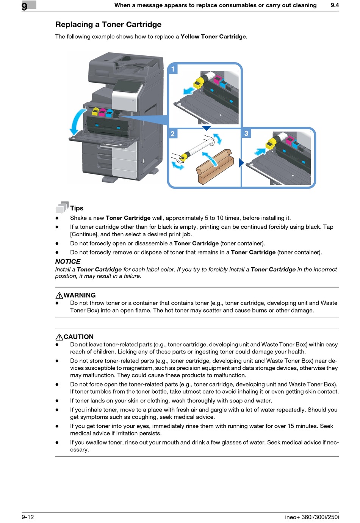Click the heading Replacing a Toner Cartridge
click(108, 25)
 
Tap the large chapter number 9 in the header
click(25, 6)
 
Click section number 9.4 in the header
click(335, 5)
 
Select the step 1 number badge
click(173, 69)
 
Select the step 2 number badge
click(173, 134)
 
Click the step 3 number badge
click(246, 133)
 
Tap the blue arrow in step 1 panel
click(188, 90)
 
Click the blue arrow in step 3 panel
click(260, 151)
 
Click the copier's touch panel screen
click(127, 87)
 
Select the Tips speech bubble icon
click(62, 207)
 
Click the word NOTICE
click(68, 262)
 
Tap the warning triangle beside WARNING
click(59, 295)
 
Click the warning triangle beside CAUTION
click(59, 337)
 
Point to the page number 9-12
click(28, 517)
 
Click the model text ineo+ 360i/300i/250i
click(312, 517)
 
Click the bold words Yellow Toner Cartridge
click(213, 37)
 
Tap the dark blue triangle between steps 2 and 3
click(241, 163)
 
